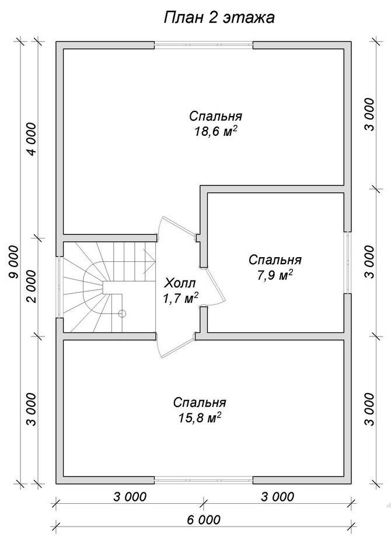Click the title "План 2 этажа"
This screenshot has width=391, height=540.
tap(219, 18)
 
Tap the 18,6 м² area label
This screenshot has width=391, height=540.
tap(216, 132)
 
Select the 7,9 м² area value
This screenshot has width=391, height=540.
tap(275, 275)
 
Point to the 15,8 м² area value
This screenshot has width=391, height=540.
tap(200, 418)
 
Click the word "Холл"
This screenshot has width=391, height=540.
tap(180, 283)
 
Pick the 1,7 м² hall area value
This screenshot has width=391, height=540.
tap(180, 298)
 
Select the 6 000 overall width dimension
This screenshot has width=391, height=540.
tap(203, 519)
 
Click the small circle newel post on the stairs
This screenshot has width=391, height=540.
tap(122, 313)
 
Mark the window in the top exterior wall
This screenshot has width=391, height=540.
tap(203, 45)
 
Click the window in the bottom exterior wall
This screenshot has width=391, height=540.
tap(203, 480)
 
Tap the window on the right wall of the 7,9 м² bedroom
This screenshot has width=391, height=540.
tap(348, 262)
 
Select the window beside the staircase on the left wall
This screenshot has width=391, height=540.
tap(60, 287)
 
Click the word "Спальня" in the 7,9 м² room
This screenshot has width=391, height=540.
tap(275, 260)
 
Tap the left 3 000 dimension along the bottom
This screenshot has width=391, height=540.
tap(130, 497)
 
